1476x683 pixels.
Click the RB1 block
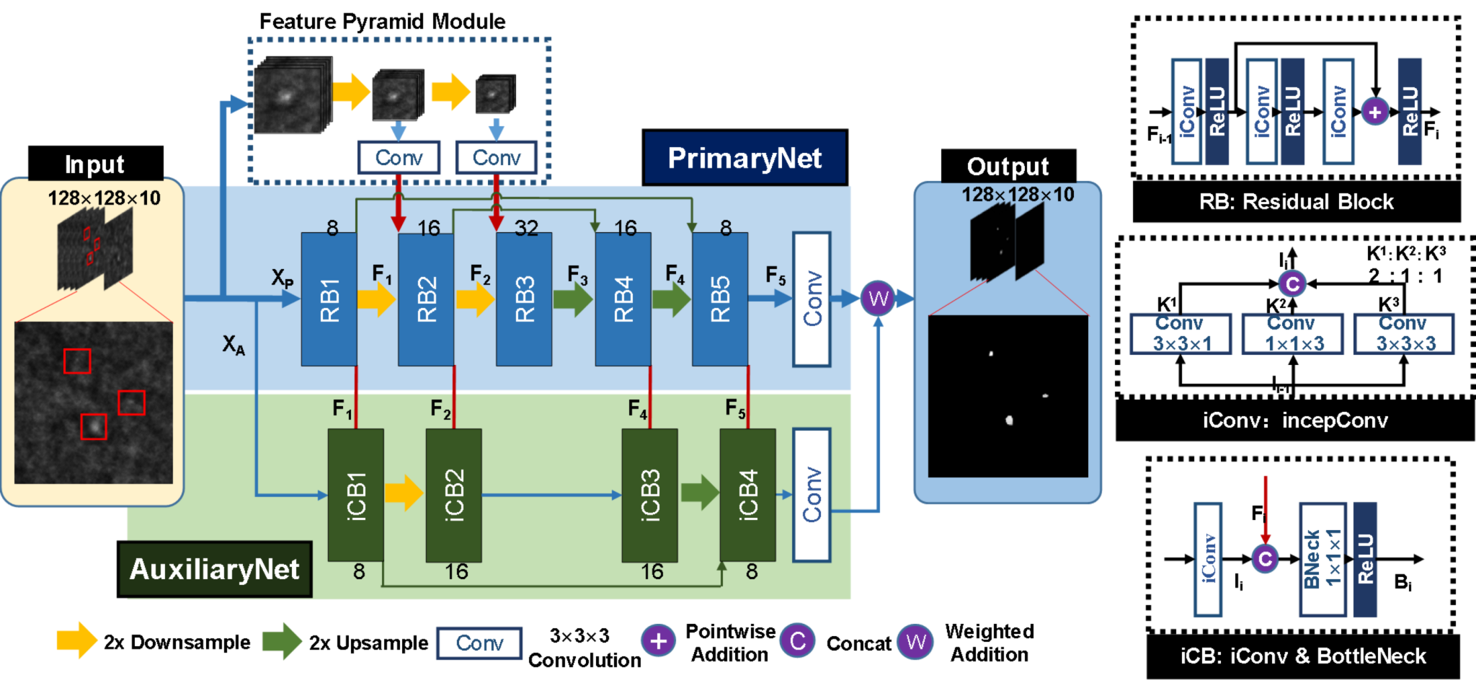pyautogui.click(x=329, y=299)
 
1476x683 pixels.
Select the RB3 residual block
pyautogui.click(x=524, y=299)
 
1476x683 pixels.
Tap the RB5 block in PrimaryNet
pyautogui.click(x=720, y=299)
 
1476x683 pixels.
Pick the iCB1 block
pyautogui.click(x=355, y=495)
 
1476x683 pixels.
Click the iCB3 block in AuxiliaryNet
pyautogui.click(x=649, y=495)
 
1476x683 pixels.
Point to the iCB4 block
pyautogui.click(x=747, y=495)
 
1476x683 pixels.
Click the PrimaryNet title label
pyautogui.click(x=744, y=158)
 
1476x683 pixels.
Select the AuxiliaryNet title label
pyautogui.click(x=215, y=569)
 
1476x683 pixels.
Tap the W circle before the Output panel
pyautogui.click(x=878, y=298)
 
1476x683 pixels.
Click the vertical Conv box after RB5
pyautogui.click(x=812, y=299)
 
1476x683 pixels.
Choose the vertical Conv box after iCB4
pyautogui.click(x=812, y=495)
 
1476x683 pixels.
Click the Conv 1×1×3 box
pyautogui.click(x=1293, y=333)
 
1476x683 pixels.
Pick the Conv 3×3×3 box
pyautogui.click(x=1405, y=333)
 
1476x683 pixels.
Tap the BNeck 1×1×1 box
pyautogui.click(x=1322, y=560)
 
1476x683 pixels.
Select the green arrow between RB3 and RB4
pyautogui.click(x=573, y=299)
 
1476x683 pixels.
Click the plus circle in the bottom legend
pyautogui.click(x=658, y=640)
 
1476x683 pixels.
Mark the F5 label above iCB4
pyautogui.click(x=734, y=410)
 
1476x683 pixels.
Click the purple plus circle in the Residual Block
pyautogui.click(x=1375, y=112)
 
